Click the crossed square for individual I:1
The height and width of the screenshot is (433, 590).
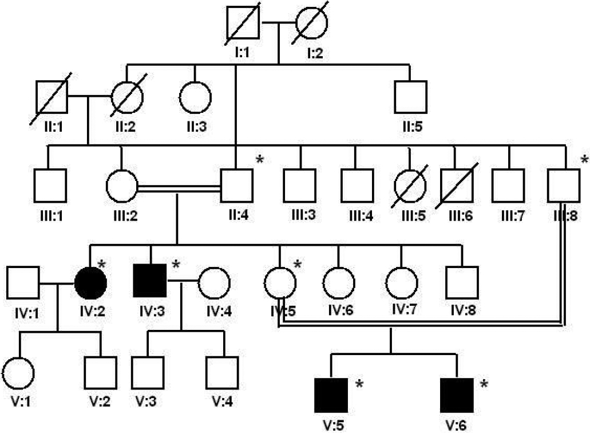[243, 24]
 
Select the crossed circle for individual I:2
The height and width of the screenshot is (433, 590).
[312, 24]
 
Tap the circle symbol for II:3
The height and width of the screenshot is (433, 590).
[195, 96]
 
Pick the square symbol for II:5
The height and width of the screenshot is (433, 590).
[410, 96]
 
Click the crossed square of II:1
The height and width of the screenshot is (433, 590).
[51, 96]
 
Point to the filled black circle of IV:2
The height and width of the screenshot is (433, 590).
[90, 282]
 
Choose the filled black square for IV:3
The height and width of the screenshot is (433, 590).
[150, 282]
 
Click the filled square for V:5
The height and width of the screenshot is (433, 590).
[331, 395]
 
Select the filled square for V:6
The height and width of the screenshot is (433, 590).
[457, 395]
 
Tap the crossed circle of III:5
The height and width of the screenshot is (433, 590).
[410, 185]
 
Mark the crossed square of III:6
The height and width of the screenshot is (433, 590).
[456, 185]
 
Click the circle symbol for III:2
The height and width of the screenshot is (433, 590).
[121, 185]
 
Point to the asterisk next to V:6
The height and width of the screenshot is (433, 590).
[484, 384]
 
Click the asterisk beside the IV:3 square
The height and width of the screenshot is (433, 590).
[176, 265]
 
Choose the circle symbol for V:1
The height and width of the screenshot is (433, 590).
[19, 372]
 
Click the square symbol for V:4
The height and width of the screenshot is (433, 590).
[222, 372]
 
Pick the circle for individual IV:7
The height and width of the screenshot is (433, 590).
[401, 282]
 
